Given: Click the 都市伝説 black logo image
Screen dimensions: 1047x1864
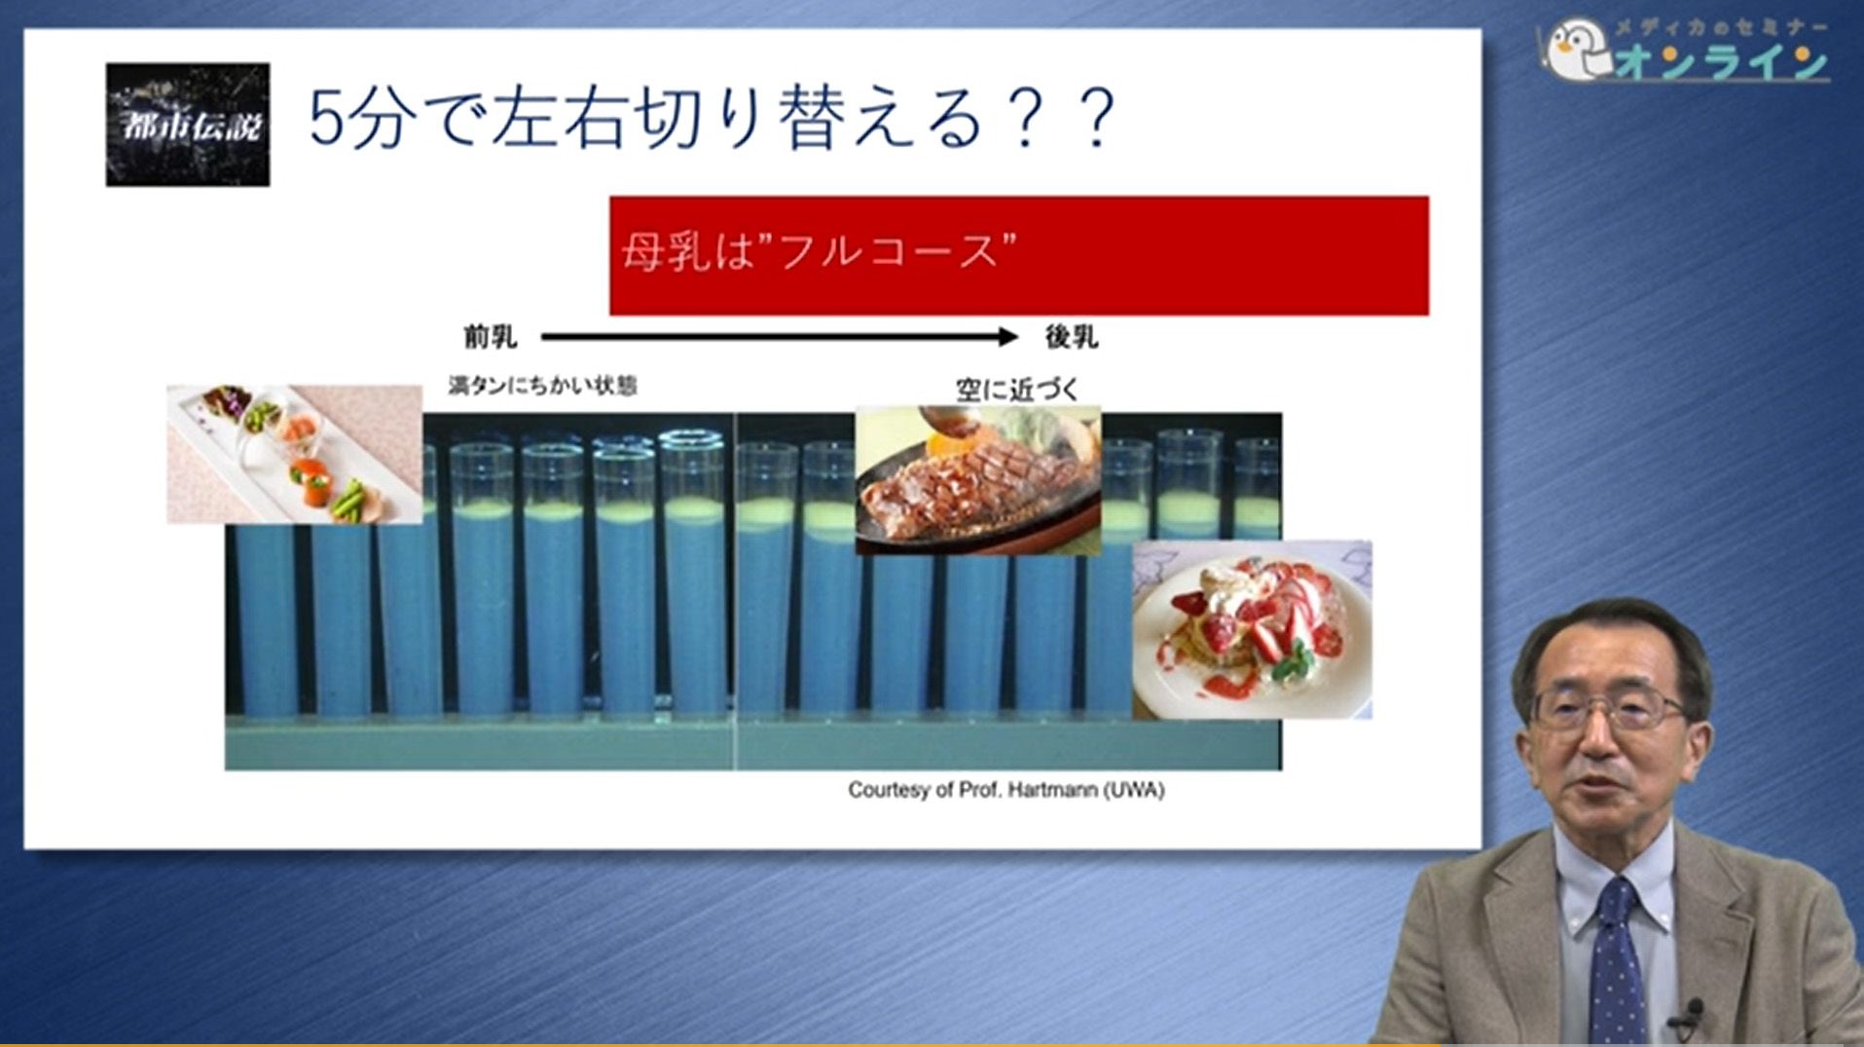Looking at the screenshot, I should click(x=187, y=124).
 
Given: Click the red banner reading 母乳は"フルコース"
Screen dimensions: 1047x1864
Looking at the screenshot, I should click(x=1018, y=255).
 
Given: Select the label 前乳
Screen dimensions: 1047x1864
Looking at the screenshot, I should click(x=490, y=338).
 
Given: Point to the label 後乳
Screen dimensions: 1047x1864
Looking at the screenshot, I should click(x=1071, y=338).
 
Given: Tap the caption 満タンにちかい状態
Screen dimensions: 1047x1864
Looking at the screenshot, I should click(x=542, y=386).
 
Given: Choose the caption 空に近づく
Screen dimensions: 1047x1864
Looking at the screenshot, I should click(x=1016, y=390).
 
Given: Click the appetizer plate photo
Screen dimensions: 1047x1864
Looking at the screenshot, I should click(x=294, y=454).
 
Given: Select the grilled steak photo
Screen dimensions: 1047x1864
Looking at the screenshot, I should click(x=977, y=479).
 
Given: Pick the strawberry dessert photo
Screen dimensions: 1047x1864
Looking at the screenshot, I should click(x=1252, y=629).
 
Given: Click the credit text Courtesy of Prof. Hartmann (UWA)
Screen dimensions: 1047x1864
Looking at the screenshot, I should click(x=1005, y=790).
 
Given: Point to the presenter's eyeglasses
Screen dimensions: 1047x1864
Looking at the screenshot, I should click(x=1607, y=708).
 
